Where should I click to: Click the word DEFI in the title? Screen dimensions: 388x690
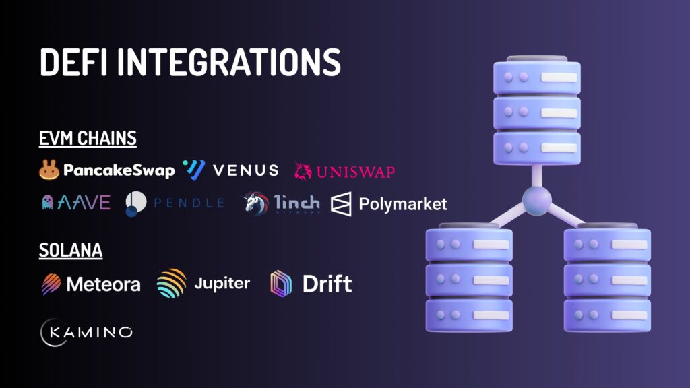pyautogui.click(x=73, y=62)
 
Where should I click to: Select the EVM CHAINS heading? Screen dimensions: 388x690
pyautogui.click(x=88, y=139)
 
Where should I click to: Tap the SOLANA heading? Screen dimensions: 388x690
pyautogui.click(x=71, y=251)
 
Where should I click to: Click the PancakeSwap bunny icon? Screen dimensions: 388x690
pyautogui.click(x=49, y=170)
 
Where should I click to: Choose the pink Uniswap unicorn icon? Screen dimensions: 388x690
pyautogui.click(x=303, y=171)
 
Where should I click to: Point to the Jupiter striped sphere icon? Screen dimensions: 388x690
pyautogui.click(x=172, y=284)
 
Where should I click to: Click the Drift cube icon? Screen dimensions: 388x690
pyautogui.click(x=281, y=284)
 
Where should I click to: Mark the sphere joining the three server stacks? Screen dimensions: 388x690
pyautogui.click(x=537, y=200)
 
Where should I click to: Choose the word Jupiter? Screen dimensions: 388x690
pyautogui.click(x=222, y=284)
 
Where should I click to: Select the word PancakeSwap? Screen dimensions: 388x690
pyautogui.click(x=119, y=170)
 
